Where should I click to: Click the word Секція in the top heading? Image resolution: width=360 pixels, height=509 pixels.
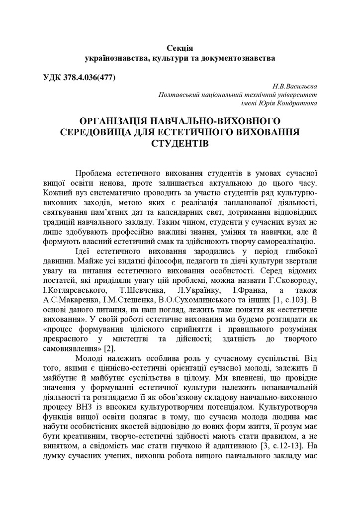pos(180,48)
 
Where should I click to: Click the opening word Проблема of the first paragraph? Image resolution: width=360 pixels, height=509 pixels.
pos(93,173)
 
